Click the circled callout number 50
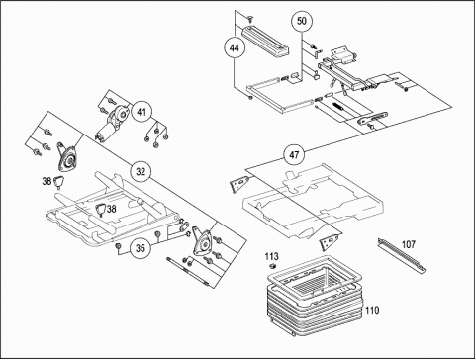(x=302, y=21)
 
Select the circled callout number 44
(x=235, y=48)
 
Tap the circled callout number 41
(x=142, y=112)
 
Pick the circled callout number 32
(x=141, y=172)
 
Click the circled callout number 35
(x=141, y=248)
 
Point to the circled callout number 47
(x=294, y=154)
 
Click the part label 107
(x=409, y=244)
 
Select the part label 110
(x=372, y=310)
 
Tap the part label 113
(x=272, y=256)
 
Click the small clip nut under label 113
(x=272, y=266)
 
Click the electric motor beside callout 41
(x=112, y=124)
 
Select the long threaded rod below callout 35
(x=188, y=270)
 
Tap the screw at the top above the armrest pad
(x=251, y=18)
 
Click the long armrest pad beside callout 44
(x=265, y=41)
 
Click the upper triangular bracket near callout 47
(x=239, y=184)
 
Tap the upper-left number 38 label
(x=47, y=181)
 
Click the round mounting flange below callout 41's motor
(x=67, y=157)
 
